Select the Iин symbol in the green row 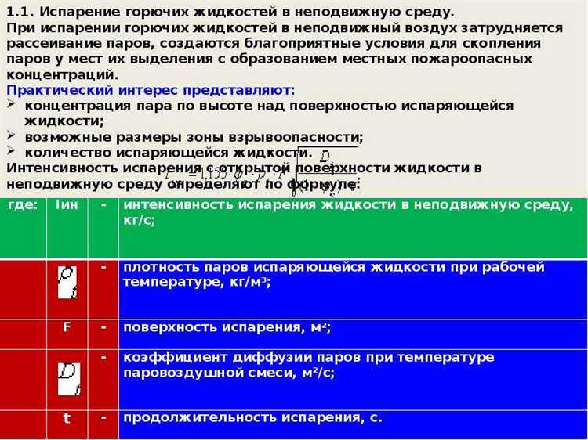(x=67, y=205)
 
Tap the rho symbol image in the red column (x=67, y=282)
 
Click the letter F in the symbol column (x=67, y=327)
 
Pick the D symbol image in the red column (x=68, y=378)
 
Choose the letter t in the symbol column (x=67, y=418)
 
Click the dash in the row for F (x=103, y=326)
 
